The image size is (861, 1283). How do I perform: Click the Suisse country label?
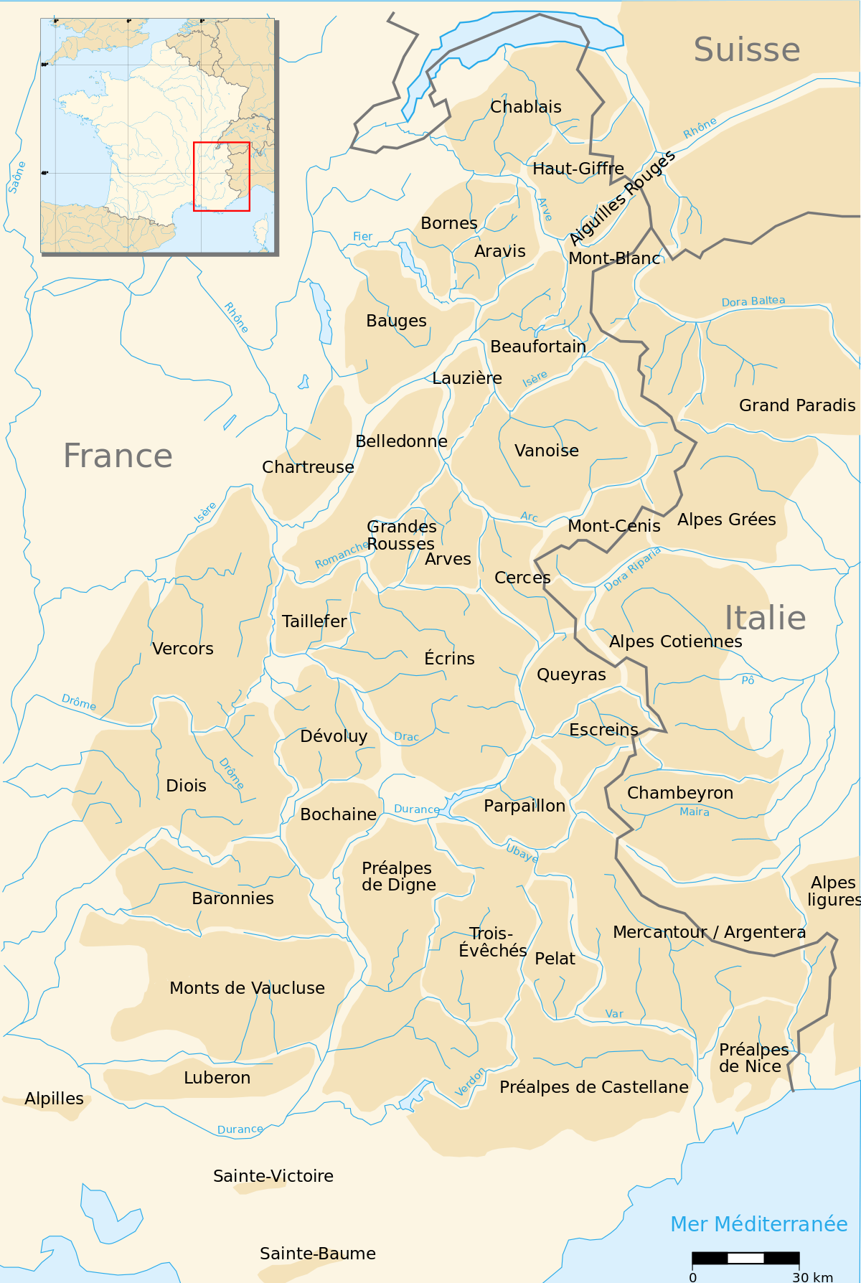click(x=746, y=50)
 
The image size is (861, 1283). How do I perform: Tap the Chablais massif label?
click(x=525, y=107)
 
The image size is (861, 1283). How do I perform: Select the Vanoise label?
click(x=546, y=451)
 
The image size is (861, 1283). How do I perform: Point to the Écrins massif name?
click(x=449, y=658)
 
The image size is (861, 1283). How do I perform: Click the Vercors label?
click(x=182, y=649)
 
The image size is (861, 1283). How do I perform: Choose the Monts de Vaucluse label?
click(x=247, y=988)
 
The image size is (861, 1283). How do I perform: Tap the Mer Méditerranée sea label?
click(x=758, y=1224)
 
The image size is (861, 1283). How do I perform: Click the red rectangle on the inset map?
click(x=222, y=177)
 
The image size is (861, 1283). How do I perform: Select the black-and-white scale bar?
click(x=745, y=1258)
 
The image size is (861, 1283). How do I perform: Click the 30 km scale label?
click(x=812, y=1277)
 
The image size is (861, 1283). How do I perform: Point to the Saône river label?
click(x=17, y=177)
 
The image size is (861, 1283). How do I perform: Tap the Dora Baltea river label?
click(x=753, y=301)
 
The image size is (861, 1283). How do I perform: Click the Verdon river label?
click(x=470, y=1082)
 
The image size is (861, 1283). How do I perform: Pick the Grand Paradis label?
click(x=796, y=405)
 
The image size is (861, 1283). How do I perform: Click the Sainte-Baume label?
click(x=317, y=1254)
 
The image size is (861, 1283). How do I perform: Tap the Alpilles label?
click(x=54, y=1099)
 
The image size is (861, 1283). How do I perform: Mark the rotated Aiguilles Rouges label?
click(x=622, y=197)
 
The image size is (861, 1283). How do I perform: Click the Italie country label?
click(x=764, y=618)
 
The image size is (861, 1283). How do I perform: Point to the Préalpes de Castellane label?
click(x=593, y=1087)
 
